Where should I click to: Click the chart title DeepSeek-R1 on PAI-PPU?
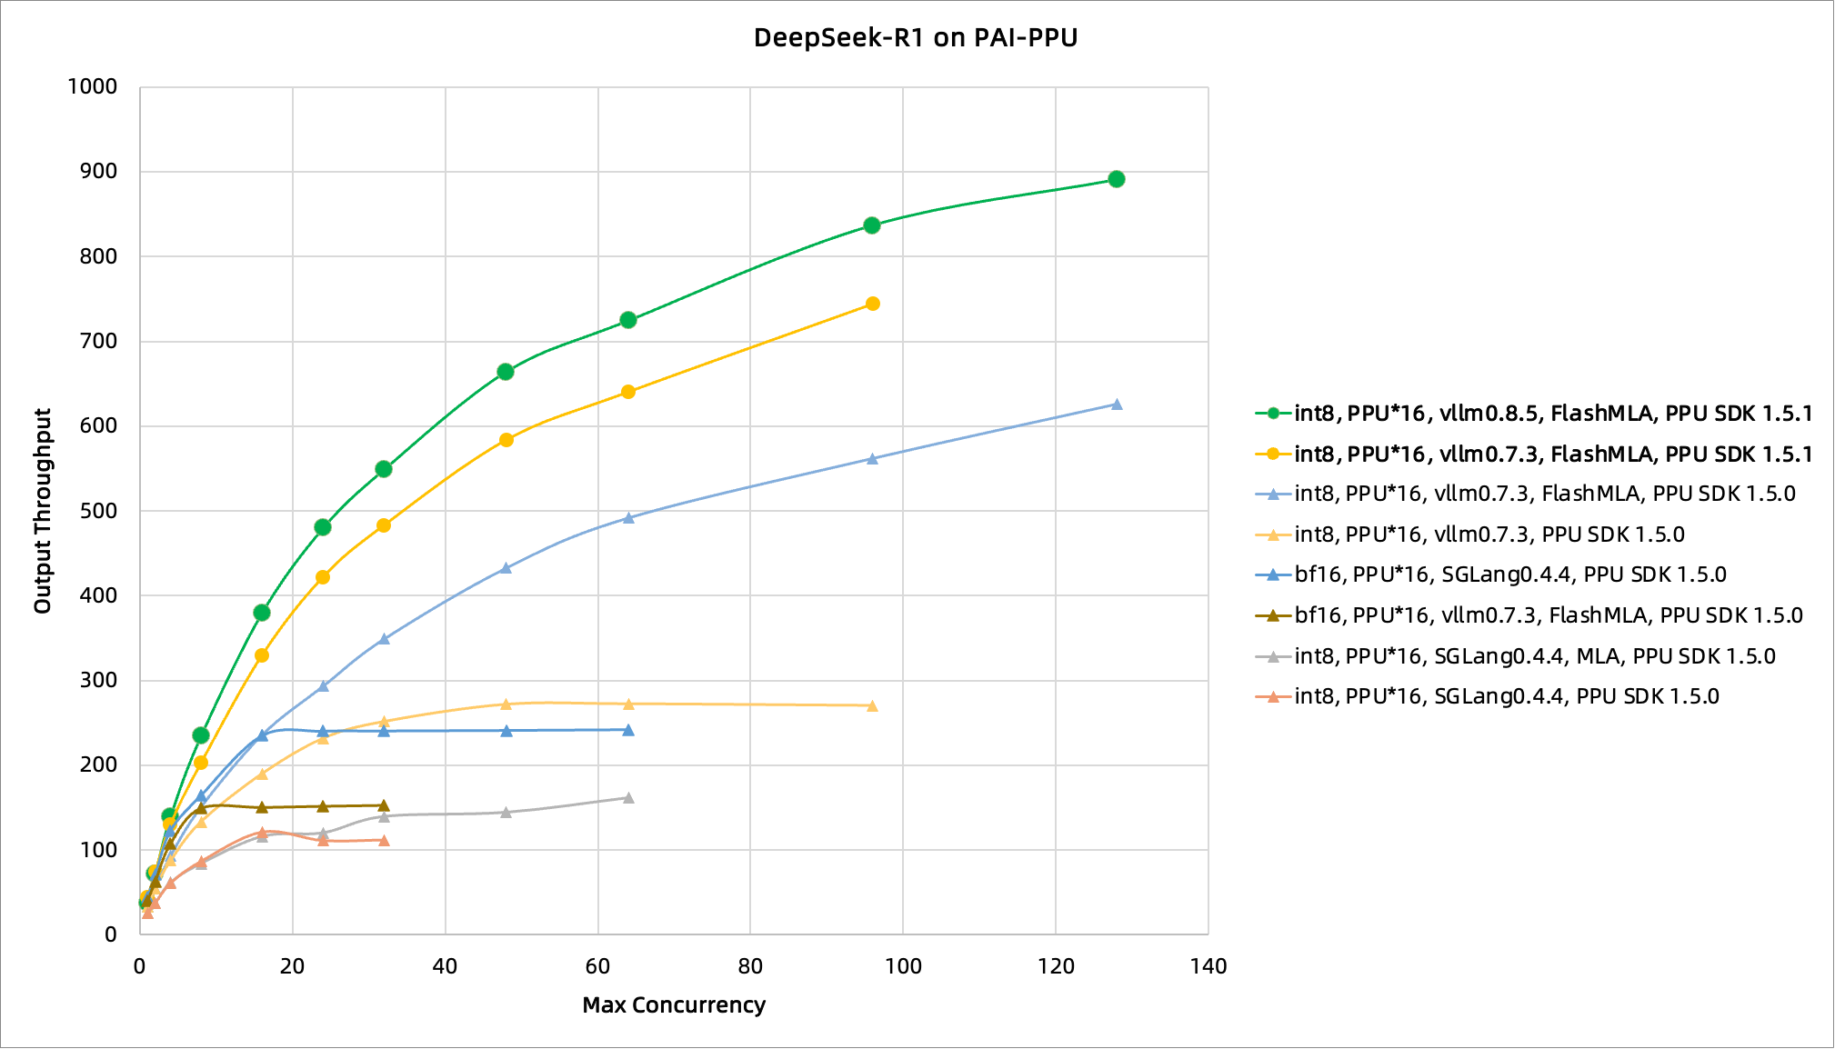[x=915, y=38]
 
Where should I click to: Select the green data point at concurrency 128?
[x=1117, y=179]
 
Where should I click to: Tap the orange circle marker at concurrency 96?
[x=872, y=304]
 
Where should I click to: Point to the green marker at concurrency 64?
[x=628, y=320]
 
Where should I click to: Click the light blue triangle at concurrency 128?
[x=1117, y=405]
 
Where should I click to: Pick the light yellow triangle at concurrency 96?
[x=872, y=706]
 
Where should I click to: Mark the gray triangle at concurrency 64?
[x=628, y=798]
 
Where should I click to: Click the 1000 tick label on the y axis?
[x=93, y=87]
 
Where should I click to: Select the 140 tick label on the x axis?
[x=1208, y=966]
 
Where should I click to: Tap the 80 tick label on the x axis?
[x=750, y=966]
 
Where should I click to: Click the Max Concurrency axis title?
[x=674, y=1005]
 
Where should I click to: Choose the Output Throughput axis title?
[x=43, y=511]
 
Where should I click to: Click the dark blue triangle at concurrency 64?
[x=628, y=730]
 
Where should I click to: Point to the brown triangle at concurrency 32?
[x=384, y=805]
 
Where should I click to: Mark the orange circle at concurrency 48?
[x=506, y=440]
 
